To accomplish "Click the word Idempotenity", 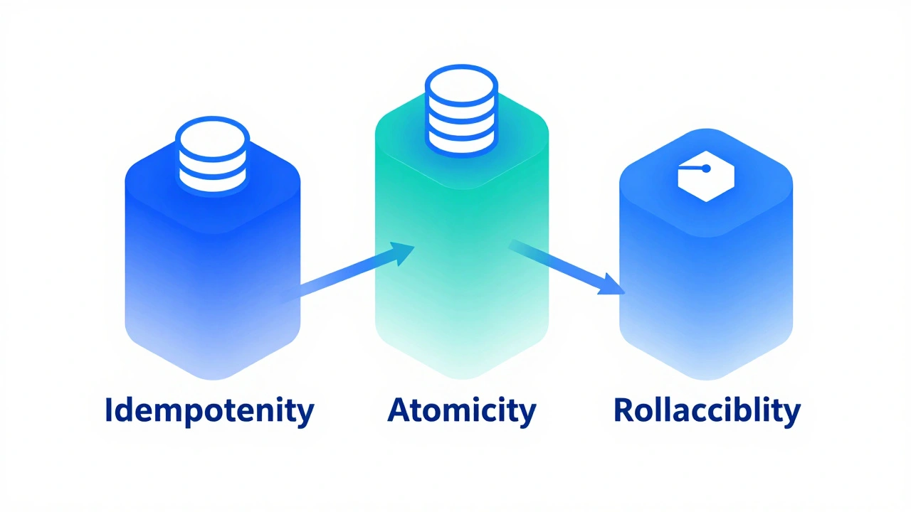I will pyautogui.click(x=209, y=411).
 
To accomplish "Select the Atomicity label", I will pyautogui.click(x=461, y=411).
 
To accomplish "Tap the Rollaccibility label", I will pyautogui.click(x=707, y=411).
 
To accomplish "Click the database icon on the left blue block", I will pyautogui.click(x=212, y=156).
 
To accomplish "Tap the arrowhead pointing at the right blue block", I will pyautogui.click(x=611, y=287).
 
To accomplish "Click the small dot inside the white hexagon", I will pyautogui.click(x=706, y=169).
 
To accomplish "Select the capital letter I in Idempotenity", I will pyautogui.click(x=109, y=410).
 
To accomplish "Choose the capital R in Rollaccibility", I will pyautogui.click(x=624, y=410).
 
